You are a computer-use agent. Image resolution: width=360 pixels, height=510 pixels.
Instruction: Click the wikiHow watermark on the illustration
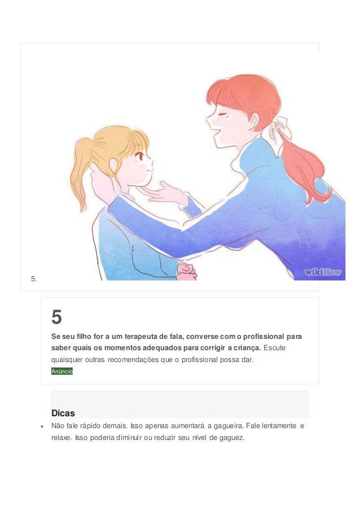point(323,272)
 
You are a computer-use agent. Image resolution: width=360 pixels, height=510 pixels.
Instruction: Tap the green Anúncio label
point(62,371)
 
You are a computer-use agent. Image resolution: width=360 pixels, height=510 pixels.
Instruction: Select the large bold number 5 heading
point(56,317)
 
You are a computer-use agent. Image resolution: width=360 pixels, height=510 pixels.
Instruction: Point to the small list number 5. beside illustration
point(34,278)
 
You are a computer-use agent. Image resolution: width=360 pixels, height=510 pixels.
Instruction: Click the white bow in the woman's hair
point(280,129)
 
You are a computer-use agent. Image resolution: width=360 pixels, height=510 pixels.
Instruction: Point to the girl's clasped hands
point(186,270)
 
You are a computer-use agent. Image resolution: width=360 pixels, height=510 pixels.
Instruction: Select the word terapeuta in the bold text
point(146,336)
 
